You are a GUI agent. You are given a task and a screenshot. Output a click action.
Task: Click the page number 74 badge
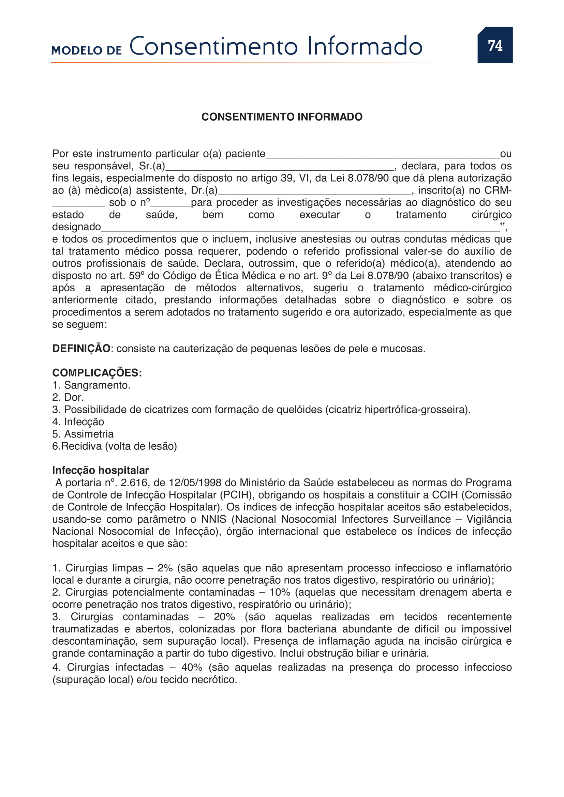495,45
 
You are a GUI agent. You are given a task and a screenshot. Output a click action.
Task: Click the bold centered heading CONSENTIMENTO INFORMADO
282,117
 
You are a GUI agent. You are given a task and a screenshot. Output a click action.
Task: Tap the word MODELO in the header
76,51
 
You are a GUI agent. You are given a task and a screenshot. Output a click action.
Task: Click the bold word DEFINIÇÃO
81,349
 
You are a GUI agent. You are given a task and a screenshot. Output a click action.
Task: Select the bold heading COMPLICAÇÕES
97,373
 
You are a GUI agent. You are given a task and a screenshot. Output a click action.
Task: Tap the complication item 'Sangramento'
97,385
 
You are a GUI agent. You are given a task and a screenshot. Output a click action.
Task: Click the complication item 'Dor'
74,397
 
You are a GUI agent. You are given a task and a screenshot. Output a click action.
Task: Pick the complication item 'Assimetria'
89,434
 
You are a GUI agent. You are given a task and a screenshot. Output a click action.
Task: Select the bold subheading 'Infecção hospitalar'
100,470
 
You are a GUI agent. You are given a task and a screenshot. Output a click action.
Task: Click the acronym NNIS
213,519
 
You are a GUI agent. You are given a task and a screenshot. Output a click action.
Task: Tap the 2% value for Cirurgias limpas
165,568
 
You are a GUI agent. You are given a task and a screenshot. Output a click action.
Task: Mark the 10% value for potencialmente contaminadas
280,593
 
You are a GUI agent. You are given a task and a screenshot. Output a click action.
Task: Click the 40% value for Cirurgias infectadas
192,668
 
